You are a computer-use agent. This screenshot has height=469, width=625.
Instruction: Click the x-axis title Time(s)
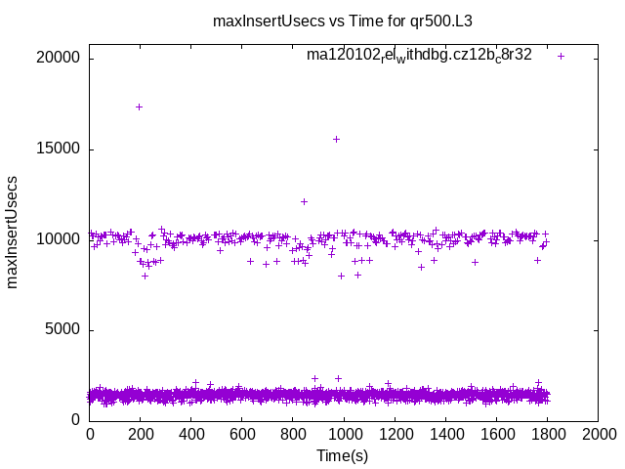click(x=343, y=455)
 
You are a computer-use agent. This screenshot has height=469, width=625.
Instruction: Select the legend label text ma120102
click(x=419, y=55)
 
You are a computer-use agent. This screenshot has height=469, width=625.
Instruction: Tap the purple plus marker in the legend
click(x=561, y=56)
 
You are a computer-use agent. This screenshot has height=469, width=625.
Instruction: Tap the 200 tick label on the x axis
click(x=141, y=434)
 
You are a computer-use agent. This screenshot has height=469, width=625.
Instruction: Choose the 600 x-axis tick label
click(x=242, y=434)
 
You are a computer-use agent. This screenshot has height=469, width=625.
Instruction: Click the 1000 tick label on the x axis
click(x=344, y=434)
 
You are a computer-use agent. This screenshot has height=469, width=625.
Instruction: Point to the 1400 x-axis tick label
click(x=445, y=434)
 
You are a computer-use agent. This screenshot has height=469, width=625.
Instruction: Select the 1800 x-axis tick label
click(x=547, y=434)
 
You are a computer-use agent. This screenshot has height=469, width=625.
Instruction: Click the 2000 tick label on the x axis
click(x=598, y=434)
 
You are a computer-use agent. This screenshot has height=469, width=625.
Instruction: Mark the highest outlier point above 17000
click(x=139, y=107)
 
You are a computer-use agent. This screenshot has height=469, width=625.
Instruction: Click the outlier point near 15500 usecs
click(x=336, y=139)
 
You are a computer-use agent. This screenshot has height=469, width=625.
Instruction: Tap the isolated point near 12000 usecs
click(x=304, y=201)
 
